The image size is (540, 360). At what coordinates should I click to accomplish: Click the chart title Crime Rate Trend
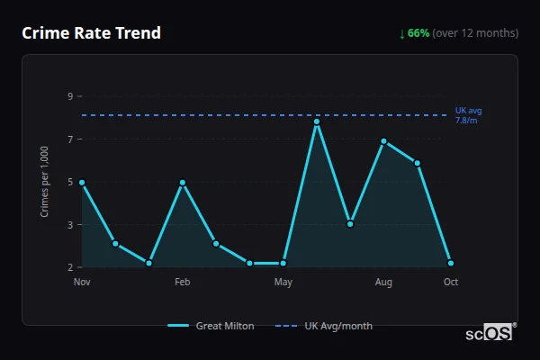point(92,33)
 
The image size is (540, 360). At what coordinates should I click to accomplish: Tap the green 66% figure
point(418,33)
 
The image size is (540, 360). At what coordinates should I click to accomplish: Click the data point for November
point(82,182)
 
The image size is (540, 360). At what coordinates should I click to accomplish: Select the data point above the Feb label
point(183,182)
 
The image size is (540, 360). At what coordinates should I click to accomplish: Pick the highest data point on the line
point(317,121)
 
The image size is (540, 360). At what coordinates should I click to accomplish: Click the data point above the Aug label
point(383,140)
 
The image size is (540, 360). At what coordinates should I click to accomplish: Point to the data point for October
point(451,263)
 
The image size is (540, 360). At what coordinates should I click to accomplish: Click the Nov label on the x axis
point(82,283)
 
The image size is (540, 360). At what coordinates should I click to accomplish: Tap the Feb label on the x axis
point(183,283)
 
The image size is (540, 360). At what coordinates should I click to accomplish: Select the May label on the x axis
point(283,283)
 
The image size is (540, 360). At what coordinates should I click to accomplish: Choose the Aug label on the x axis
point(383,283)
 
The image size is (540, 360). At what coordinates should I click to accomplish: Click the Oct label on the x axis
point(451,283)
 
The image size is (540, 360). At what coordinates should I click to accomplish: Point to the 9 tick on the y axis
point(70,96)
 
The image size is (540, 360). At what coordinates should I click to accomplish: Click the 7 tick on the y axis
point(70,139)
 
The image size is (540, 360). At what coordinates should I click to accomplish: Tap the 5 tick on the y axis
point(70,182)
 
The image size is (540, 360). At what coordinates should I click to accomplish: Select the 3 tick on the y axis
point(70,224)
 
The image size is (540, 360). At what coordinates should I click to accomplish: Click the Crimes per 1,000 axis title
point(44,182)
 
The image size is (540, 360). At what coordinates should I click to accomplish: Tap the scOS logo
point(489,332)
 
